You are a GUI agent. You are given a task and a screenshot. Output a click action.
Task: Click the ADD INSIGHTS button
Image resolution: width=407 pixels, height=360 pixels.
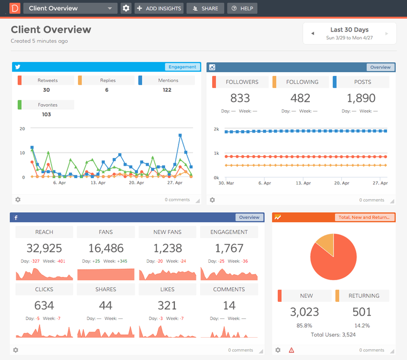click(x=158, y=9)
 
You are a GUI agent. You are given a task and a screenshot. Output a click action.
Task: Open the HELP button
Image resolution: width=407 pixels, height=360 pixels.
click(x=242, y=9)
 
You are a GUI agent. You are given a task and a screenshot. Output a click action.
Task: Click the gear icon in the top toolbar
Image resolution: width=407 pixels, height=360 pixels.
click(x=126, y=9)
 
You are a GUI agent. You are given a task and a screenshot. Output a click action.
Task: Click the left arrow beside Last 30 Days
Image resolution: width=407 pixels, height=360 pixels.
click(x=313, y=34)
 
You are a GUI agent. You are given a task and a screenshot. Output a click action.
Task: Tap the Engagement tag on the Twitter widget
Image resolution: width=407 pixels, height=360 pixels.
click(x=182, y=67)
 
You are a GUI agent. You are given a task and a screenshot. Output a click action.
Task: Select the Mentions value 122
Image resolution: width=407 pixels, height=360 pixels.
click(x=167, y=90)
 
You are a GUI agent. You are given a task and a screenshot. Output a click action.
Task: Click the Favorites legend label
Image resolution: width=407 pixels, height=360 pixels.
click(x=48, y=105)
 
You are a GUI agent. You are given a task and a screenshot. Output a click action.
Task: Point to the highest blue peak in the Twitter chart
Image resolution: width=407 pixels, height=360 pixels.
click(x=180, y=135)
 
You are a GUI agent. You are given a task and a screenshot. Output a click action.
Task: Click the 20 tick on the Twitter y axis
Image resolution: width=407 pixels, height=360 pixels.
click(x=22, y=129)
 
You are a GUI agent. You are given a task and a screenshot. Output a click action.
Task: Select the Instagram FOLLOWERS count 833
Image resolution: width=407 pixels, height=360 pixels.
click(x=240, y=98)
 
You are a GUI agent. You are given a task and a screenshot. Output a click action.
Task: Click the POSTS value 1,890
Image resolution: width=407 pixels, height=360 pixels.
click(x=361, y=98)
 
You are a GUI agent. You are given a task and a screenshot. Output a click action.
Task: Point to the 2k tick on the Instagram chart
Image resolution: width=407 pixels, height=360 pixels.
click(x=217, y=129)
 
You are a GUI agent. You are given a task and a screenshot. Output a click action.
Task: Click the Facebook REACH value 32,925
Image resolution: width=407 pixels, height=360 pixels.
click(x=44, y=249)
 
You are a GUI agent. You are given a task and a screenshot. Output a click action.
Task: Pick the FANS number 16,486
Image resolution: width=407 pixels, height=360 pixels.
click(x=106, y=249)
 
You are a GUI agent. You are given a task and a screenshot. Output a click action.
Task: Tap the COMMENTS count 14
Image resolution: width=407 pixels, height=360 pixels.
click(x=229, y=306)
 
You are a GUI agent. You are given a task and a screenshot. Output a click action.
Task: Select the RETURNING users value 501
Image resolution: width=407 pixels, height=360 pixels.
click(x=362, y=312)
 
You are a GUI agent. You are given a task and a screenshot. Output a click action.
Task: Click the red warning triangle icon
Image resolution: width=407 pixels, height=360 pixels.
click(x=291, y=350)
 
